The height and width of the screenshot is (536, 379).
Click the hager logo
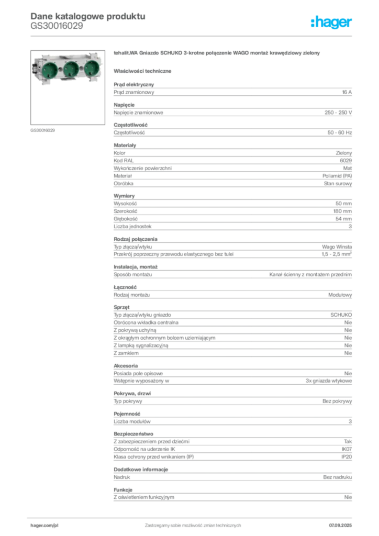(331, 22)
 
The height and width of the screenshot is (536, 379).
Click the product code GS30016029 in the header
(57, 26)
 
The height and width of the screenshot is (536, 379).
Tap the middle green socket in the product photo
(71, 69)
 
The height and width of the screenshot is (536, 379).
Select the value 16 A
(347, 92)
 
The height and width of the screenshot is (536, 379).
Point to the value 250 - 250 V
(338, 113)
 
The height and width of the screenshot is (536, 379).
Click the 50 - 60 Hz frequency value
(339, 132)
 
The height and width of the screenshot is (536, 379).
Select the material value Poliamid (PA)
(337, 176)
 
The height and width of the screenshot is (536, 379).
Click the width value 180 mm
(342, 211)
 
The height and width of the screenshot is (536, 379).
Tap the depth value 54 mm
(343, 219)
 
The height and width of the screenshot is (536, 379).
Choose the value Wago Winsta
(337, 247)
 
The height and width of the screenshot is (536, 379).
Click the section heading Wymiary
(124, 196)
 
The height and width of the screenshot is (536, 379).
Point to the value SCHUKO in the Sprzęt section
(341, 315)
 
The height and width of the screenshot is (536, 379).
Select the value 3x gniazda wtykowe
(328, 381)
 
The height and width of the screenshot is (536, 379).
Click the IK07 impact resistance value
(347, 449)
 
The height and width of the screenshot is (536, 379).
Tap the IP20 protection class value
(347, 456)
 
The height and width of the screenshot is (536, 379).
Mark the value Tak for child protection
(348, 442)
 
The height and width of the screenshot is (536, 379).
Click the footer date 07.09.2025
(340, 526)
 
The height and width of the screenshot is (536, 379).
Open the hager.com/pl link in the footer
(44, 526)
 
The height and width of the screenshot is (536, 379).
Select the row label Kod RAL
(124, 161)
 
